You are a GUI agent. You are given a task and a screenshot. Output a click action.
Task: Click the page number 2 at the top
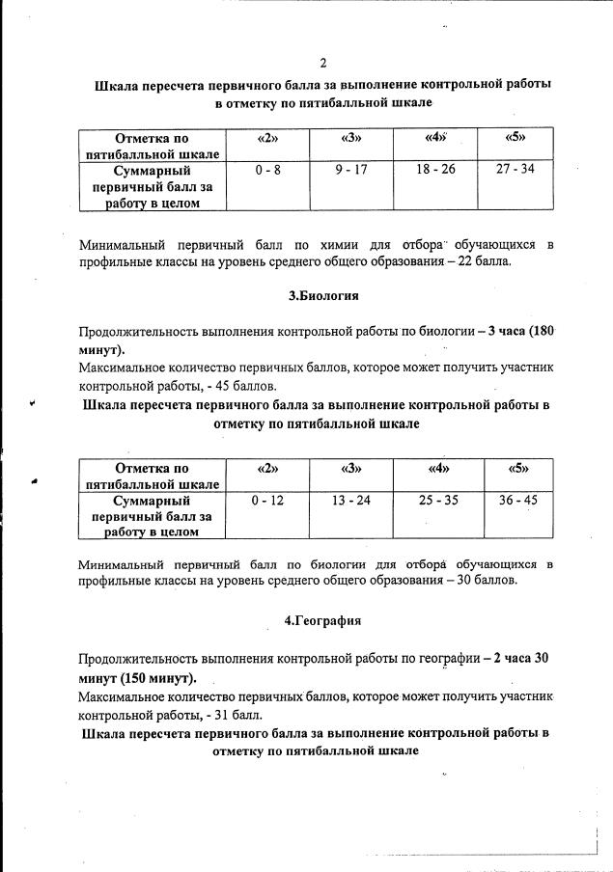tap(323, 64)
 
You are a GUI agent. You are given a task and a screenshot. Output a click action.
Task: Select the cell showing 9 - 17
tap(351, 169)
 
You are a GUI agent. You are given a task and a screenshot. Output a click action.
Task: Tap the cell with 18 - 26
tap(435, 169)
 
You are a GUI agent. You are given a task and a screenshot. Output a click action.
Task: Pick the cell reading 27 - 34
tap(515, 169)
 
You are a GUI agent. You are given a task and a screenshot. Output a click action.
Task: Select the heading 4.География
tap(322, 621)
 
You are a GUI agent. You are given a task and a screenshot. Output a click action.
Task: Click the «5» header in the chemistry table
tap(515, 137)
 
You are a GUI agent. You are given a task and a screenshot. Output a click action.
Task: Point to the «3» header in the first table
tap(351, 137)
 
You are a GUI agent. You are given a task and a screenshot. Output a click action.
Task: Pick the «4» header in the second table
tap(438, 469)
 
